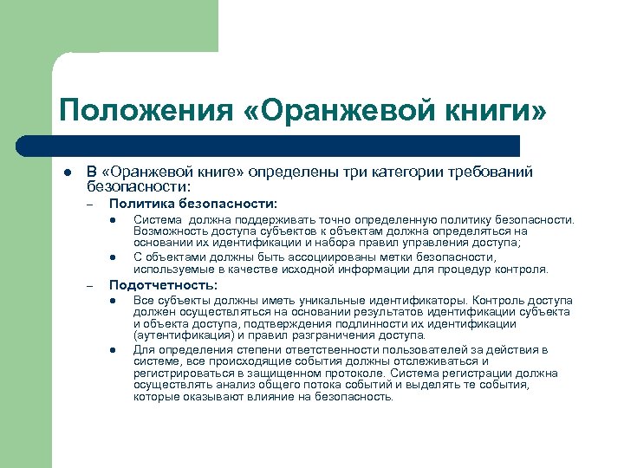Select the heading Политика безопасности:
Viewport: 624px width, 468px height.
coord(193,204)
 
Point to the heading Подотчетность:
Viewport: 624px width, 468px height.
coord(163,284)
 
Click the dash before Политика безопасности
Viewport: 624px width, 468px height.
coord(88,205)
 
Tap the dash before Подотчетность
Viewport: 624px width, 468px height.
coord(88,285)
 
